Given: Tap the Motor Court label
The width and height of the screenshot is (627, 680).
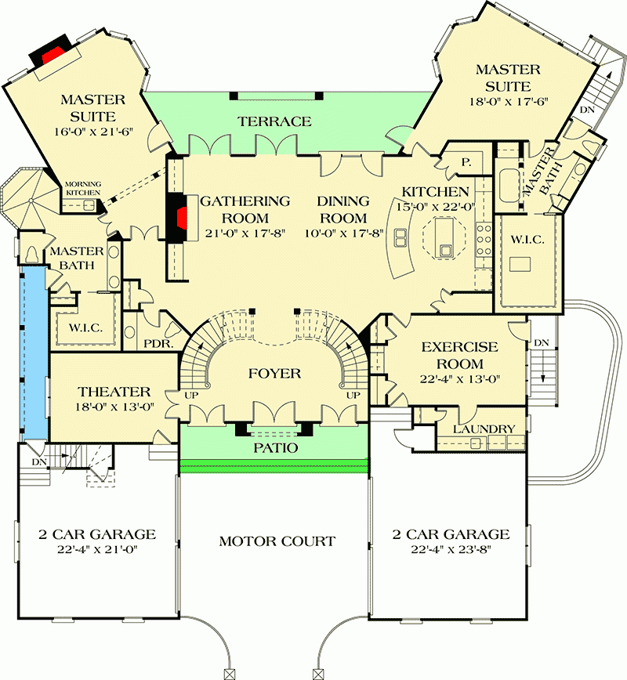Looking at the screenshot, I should click(277, 541).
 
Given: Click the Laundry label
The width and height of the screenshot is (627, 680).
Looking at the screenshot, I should click(484, 429).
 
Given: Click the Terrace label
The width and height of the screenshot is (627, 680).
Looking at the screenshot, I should click(275, 121).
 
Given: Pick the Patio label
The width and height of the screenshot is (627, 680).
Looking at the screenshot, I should click(274, 448).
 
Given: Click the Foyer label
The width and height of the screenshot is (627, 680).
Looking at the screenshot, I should click(275, 373).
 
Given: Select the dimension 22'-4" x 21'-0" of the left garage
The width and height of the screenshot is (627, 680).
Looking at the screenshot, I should click(97, 551).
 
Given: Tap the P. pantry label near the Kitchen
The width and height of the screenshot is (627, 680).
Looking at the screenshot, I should click(466, 162).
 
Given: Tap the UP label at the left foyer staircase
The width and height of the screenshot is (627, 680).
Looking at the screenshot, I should click(190, 396).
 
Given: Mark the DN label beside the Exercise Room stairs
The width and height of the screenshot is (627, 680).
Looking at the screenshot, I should click(542, 342).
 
